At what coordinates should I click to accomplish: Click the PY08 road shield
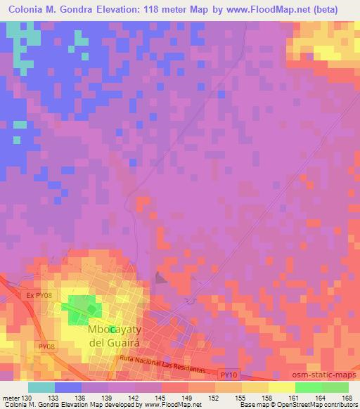pyautogui.click(x=46, y=346)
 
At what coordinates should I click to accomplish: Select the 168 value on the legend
pyautogui.click(x=348, y=398)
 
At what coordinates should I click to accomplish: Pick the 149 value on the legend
pyautogui.click(x=188, y=398)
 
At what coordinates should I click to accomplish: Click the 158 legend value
pyautogui.click(x=269, y=398)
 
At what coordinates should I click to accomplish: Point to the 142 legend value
pyautogui.click(x=135, y=398)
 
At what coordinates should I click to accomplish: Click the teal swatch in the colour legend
pyautogui.click(x=41, y=387)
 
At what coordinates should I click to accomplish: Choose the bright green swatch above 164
pyautogui.click(x=308, y=387)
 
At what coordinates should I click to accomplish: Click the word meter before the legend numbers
pyautogui.click(x=11, y=398)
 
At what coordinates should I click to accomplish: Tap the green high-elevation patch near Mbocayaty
pyautogui.click(x=82, y=307)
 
